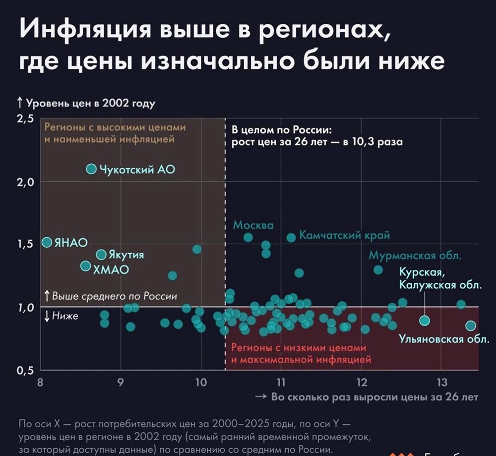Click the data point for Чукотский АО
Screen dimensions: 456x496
[91, 169]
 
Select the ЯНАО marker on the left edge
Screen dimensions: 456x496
[47, 242]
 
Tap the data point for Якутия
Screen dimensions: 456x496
[101, 255]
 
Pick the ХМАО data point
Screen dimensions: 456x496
[86, 266]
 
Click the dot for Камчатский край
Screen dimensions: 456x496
[291, 238]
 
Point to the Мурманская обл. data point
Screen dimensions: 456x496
[378, 270]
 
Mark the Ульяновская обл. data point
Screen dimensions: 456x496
[470, 326]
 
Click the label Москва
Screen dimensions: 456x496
[253, 225]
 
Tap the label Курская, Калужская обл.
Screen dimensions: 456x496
[440, 279]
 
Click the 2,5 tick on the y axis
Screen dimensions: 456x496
[26, 119]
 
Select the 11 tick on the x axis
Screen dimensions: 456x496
[281, 382]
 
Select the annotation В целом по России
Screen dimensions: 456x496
[281, 131]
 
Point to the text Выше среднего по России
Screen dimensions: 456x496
[114, 296]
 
